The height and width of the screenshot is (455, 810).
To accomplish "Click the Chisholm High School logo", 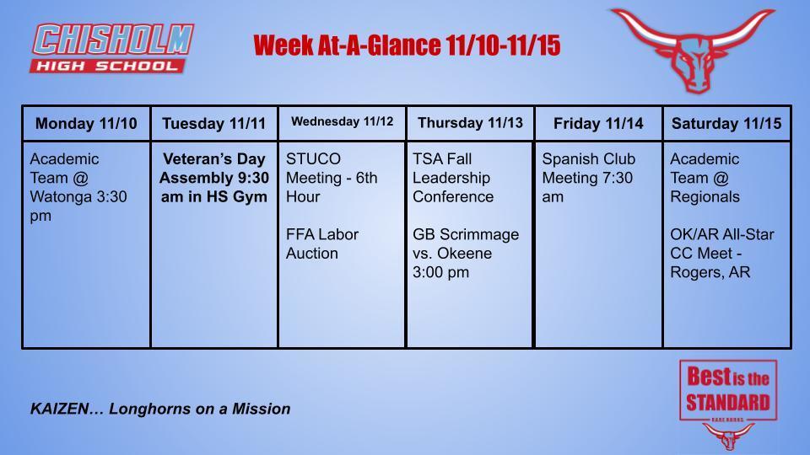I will [113, 48].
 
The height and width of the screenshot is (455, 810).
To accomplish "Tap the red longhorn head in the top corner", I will [692, 49].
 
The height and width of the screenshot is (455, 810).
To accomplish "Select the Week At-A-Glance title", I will [407, 45].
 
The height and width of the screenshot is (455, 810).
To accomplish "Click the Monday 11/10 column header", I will [86, 124].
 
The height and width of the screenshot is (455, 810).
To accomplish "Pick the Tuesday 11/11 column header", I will [213, 124].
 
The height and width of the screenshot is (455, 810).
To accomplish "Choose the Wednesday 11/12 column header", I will [342, 121].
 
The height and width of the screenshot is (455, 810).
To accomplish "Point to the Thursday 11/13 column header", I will [470, 123].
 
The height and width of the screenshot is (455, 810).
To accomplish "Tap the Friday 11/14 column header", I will [598, 124].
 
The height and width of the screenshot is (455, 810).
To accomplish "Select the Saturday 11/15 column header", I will [726, 124].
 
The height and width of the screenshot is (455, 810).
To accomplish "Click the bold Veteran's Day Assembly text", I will [213, 178].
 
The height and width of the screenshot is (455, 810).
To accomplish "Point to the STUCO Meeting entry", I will [332, 178].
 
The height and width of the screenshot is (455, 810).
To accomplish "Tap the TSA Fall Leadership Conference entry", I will [453, 178].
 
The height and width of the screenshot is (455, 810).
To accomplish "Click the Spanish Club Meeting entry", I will [588, 178].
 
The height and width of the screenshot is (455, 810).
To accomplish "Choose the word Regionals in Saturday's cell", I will [705, 196].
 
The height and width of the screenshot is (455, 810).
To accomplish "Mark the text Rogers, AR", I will [710, 271].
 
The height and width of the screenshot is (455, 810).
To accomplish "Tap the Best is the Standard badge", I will [727, 391].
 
